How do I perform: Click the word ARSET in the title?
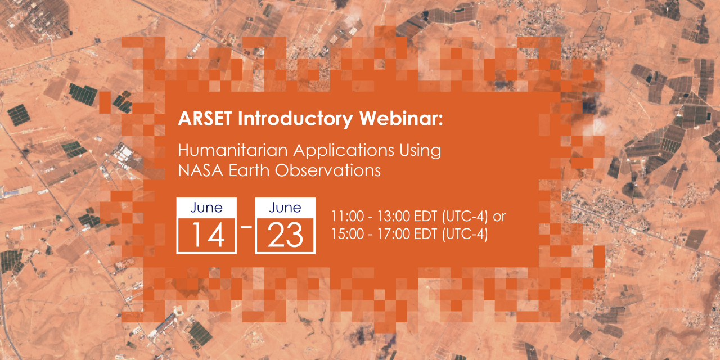[x=205, y=119]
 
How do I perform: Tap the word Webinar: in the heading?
[x=401, y=118]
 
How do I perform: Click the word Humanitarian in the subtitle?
[x=233, y=150]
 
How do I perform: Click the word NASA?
[x=201, y=170]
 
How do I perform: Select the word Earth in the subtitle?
[x=249, y=170]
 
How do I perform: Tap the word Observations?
[x=328, y=170]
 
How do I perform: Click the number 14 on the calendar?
[x=208, y=235]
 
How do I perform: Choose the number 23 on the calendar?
[x=285, y=235]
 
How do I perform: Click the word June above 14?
[x=206, y=208]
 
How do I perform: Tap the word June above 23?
[x=285, y=208]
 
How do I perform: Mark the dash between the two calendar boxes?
[x=246, y=227]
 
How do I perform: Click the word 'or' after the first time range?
[x=499, y=217]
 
